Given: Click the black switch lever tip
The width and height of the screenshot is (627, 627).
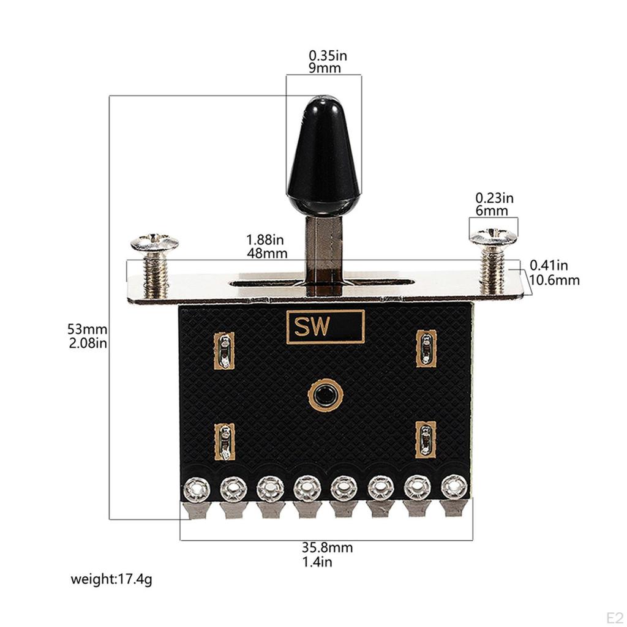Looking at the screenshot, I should click(x=323, y=153).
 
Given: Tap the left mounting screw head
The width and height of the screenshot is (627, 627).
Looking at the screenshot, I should click(x=154, y=244).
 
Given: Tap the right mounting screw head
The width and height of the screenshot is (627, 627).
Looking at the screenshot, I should click(x=494, y=236).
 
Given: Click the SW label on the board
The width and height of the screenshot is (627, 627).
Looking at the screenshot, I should click(x=326, y=326).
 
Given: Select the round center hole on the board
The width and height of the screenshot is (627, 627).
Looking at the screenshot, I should click(x=325, y=395).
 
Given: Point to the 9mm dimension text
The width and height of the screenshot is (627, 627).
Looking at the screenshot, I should click(x=325, y=68).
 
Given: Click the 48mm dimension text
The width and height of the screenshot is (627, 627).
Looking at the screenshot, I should click(x=268, y=253).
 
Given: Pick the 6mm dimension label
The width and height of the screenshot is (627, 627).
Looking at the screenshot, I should click(x=492, y=211).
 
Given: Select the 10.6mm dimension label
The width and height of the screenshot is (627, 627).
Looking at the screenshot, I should click(x=555, y=281).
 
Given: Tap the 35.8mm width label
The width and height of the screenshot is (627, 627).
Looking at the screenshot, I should click(x=327, y=548).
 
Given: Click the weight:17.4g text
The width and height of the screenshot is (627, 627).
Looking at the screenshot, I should click(x=111, y=579).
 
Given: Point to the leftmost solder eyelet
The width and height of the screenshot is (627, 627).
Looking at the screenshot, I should click(x=197, y=489).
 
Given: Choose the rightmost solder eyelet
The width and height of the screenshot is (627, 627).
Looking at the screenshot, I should click(x=454, y=487).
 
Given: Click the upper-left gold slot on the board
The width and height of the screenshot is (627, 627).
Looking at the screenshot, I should click(x=225, y=351).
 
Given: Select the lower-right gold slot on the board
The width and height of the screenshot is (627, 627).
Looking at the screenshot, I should click(x=426, y=440).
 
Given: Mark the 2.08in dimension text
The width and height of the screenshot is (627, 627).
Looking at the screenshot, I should click(x=88, y=343).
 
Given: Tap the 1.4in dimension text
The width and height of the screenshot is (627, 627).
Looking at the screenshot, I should click(x=317, y=562).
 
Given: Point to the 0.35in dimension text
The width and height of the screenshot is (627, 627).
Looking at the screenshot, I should click(x=328, y=56).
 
